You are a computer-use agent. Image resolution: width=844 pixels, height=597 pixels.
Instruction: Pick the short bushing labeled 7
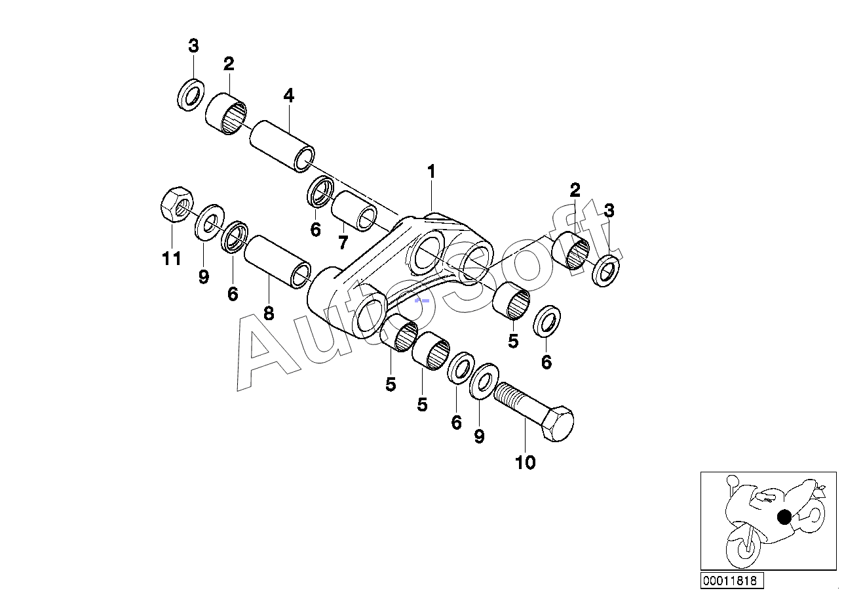355,211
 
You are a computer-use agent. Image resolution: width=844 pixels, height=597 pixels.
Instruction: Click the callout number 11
171,259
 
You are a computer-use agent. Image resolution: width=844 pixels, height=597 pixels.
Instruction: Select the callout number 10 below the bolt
525,463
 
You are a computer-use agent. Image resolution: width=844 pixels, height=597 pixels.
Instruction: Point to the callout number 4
288,96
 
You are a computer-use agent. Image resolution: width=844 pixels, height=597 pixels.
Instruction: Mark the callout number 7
343,243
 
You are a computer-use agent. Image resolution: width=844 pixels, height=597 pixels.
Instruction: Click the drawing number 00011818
729,581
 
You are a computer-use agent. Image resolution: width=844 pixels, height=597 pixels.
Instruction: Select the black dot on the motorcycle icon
784,517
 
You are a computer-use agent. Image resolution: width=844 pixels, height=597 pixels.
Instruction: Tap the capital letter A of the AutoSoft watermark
267,354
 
